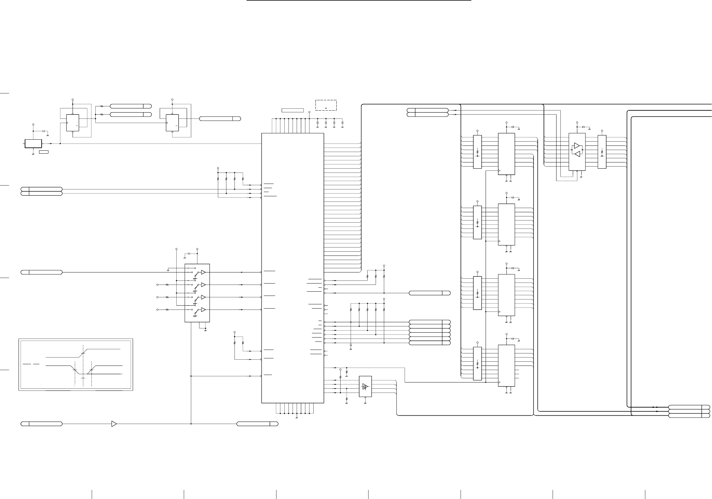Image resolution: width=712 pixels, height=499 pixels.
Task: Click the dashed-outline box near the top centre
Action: (326, 105)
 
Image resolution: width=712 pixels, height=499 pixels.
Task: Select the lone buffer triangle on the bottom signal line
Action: (114, 424)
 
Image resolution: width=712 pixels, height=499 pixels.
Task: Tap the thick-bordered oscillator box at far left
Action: (33, 144)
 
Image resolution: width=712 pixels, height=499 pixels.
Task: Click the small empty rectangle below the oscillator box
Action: (44, 152)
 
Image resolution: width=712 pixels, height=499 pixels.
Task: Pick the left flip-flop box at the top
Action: (73, 123)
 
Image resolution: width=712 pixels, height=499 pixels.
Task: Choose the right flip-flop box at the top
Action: (172, 123)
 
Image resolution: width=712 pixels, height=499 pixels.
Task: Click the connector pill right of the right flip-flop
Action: (220, 118)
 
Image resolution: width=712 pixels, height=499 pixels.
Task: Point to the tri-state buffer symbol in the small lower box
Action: (365, 386)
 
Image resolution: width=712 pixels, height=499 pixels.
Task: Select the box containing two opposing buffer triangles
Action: (577, 152)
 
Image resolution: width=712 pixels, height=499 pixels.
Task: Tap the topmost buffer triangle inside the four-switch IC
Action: (203, 272)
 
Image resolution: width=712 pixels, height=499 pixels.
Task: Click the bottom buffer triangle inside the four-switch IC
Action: (203, 310)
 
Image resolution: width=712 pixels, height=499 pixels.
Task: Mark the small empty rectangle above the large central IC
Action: (292, 110)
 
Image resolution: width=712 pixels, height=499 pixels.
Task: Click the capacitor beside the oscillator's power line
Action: (43, 131)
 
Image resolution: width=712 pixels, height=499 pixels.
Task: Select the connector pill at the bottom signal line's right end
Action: (257, 424)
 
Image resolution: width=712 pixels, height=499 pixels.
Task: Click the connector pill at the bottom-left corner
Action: (42, 424)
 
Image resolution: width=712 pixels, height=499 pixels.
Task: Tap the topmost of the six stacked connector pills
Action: (429, 322)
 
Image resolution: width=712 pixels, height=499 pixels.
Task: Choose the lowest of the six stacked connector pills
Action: (429, 343)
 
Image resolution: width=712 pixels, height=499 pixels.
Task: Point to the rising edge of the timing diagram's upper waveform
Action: (83, 353)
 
